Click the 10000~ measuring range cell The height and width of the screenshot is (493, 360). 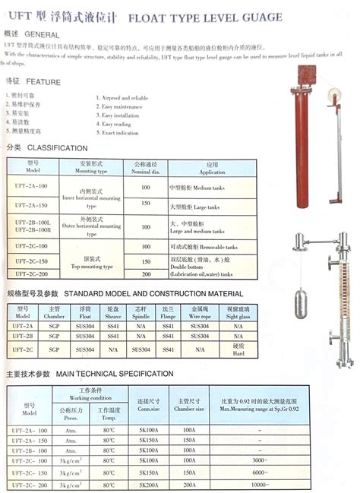pyautogui.click(x=260, y=484)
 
